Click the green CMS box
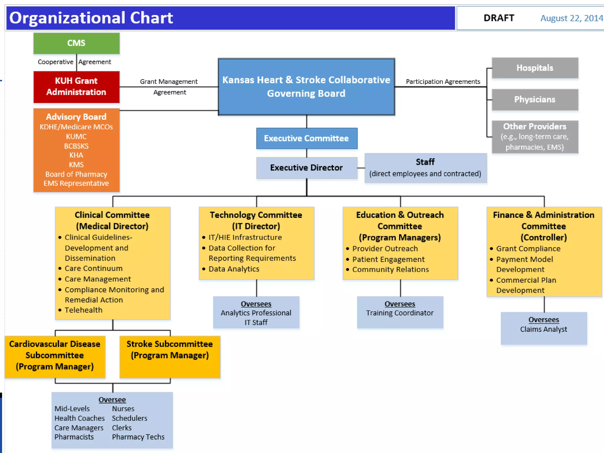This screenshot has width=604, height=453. [76, 43]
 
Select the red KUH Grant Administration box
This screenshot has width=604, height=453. [76, 87]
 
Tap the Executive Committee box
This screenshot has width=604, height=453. [306, 138]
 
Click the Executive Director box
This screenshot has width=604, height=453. [306, 168]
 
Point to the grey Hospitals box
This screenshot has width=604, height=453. [535, 68]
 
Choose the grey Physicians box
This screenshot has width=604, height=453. [535, 100]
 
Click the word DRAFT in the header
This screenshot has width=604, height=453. [499, 18]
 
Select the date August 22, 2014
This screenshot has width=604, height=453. [571, 18]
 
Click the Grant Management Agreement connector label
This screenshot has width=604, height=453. [169, 87]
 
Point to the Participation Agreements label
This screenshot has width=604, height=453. [443, 82]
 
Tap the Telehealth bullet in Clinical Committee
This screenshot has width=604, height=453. [83, 310]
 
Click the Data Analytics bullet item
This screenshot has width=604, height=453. [234, 269]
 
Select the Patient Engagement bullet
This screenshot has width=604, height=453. [388, 259]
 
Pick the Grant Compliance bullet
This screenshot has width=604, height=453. [528, 249]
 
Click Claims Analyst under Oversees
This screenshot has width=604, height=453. [544, 329]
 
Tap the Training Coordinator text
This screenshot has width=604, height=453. [400, 313]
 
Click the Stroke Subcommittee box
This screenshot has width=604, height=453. [170, 357]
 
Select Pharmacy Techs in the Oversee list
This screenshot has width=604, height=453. [138, 437]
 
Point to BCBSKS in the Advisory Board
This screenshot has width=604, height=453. [76, 146]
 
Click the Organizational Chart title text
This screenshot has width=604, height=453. [91, 18]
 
